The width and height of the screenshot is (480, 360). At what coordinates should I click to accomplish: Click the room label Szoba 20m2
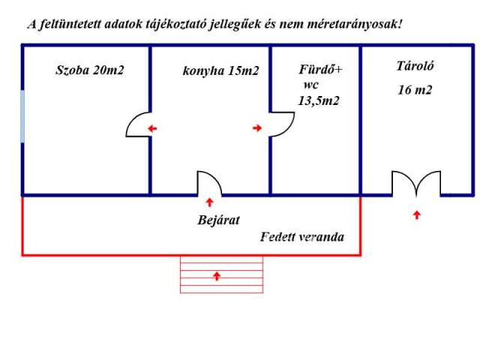pyautogui.click(x=90, y=70)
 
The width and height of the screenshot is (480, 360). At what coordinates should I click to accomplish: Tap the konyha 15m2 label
pyautogui.click(x=220, y=70)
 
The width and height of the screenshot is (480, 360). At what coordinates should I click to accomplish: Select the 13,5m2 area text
pyautogui.click(x=319, y=100)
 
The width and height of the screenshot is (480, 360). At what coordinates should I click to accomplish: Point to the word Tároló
pyautogui.click(x=415, y=66)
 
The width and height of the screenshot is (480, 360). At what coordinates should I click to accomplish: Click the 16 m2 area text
pyautogui.click(x=415, y=90)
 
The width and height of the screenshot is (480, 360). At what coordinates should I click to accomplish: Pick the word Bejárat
pyautogui.click(x=218, y=220)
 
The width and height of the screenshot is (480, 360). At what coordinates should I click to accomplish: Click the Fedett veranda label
pyautogui.click(x=302, y=237)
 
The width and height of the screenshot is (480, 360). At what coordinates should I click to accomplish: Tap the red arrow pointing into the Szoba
pyautogui.click(x=152, y=128)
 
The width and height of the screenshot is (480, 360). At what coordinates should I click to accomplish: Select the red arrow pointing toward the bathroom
pyautogui.click(x=257, y=128)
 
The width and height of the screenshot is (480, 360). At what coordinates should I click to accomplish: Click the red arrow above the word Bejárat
pyautogui.click(x=210, y=202)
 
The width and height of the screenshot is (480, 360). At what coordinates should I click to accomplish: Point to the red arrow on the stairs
pyautogui.click(x=217, y=276)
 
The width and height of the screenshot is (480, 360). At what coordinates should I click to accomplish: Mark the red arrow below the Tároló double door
pyautogui.click(x=417, y=215)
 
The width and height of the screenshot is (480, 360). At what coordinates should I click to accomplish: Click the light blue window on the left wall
pyautogui.click(x=22, y=116)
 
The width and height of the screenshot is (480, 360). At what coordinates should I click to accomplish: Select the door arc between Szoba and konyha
pyautogui.click(x=138, y=124)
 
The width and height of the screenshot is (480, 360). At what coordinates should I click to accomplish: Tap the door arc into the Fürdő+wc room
pyautogui.click(x=282, y=124)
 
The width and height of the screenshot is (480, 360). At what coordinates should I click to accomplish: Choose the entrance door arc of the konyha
pyautogui.click(x=209, y=183)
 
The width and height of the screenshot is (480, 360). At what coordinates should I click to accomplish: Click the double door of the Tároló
pyautogui.click(x=416, y=183)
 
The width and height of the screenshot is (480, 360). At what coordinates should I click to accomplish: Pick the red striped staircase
pyautogui.click(x=222, y=274)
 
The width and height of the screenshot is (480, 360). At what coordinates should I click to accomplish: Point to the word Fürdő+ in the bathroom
pyautogui.click(x=320, y=70)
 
